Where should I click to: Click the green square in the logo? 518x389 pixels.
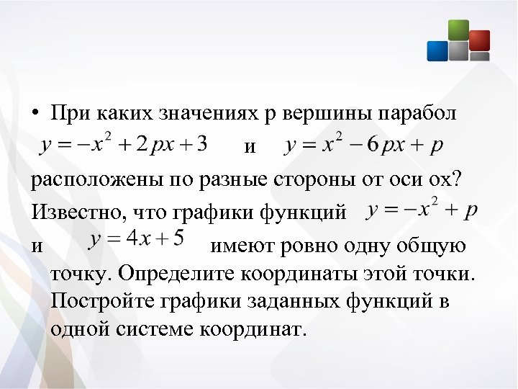click(458, 30)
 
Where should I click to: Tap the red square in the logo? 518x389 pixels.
click(478, 40)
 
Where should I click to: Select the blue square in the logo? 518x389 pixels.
click(437, 50)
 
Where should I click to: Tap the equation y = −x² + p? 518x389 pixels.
click(421, 210)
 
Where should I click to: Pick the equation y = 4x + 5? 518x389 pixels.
click(137, 238)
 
